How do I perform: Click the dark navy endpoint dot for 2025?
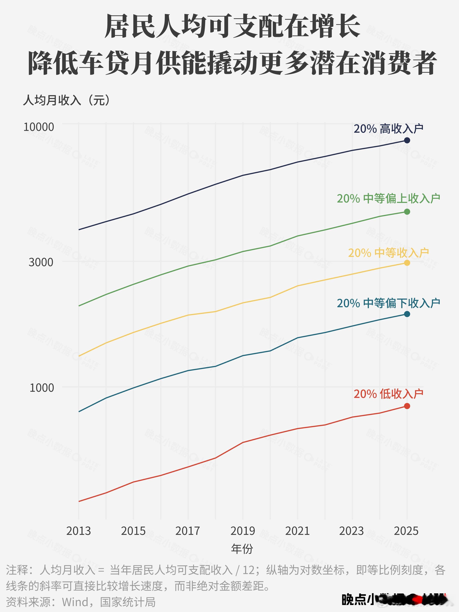(x=407, y=140)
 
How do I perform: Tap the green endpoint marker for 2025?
(x=407, y=212)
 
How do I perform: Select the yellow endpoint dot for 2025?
(x=407, y=262)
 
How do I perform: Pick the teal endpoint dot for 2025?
(x=407, y=314)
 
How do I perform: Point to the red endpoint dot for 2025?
(x=407, y=406)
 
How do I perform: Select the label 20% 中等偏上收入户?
(x=388, y=198)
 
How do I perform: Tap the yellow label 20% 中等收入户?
(x=388, y=253)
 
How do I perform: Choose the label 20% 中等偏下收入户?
(x=388, y=303)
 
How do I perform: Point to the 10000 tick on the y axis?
(x=39, y=127)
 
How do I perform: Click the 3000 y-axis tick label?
(x=41, y=262)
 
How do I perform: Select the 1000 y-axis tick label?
(x=42, y=388)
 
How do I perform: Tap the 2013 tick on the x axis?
(x=78, y=531)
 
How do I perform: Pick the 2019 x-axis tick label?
(x=243, y=531)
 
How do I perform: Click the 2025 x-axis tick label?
(x=406, y=531)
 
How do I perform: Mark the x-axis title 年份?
(x=242, y=548)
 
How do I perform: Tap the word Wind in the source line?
(x=75, y=602)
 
